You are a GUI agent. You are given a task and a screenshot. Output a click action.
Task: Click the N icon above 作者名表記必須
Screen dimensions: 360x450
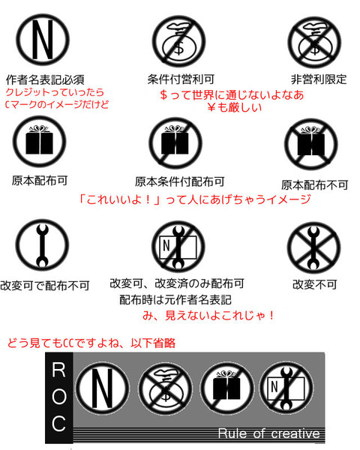click(43, 40)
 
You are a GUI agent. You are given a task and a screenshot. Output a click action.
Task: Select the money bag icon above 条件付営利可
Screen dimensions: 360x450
click(178, 41)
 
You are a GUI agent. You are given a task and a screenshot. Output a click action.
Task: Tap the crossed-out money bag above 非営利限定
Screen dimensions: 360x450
click(314, 42)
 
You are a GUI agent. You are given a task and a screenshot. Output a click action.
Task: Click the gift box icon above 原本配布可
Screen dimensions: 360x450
click(39, 142)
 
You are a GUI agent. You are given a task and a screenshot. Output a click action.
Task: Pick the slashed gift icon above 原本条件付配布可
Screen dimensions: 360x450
click(175, 142)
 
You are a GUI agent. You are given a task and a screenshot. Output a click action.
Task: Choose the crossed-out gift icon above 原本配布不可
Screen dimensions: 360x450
click(311, 144)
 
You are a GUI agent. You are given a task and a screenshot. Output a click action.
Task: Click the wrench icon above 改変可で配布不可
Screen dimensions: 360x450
click(42, 245)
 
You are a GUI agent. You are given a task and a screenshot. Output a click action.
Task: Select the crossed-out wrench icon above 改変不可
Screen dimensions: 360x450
click(313, 247)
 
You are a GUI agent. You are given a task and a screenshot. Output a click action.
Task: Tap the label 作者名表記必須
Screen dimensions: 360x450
click(45, 79)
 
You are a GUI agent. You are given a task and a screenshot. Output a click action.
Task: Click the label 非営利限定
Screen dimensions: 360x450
click(319, 79)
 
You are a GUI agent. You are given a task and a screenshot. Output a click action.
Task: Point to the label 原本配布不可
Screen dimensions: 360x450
click(315, 185)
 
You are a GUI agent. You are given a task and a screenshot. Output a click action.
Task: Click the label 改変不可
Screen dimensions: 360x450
click(315, 284)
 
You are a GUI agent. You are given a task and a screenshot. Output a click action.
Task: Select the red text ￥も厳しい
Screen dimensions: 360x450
click(234, 107)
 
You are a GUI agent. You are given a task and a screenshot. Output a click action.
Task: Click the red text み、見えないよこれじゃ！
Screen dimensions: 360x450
click(208, 316)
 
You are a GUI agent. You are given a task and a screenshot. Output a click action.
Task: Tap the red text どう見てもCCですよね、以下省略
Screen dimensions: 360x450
click(91, 343)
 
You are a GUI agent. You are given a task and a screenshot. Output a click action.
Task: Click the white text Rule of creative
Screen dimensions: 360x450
click(268, 433)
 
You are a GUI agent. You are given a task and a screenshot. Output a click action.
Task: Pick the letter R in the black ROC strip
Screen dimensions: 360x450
click(58, 370)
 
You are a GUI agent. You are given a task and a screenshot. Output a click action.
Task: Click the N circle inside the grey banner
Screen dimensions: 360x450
click(102, 388)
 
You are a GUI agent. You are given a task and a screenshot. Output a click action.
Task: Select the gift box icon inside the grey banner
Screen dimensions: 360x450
click(226, 388)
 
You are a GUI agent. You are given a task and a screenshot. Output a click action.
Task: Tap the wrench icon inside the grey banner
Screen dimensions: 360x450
click(286, 388)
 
